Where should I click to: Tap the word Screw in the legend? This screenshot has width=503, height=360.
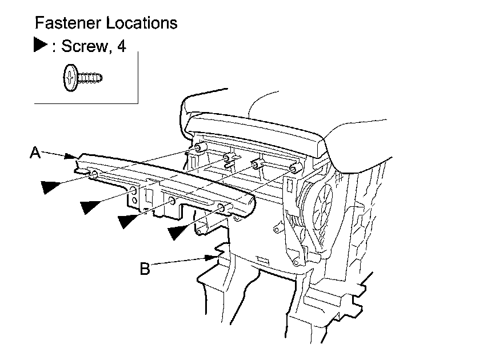tap(83, 47)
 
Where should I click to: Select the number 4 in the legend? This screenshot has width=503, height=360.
tap(121, 47)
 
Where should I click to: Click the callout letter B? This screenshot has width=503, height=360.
tap(145, 268)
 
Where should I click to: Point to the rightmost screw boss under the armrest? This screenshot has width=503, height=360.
tap(294, 168)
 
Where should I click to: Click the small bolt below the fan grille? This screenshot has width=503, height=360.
tap(295, 263)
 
